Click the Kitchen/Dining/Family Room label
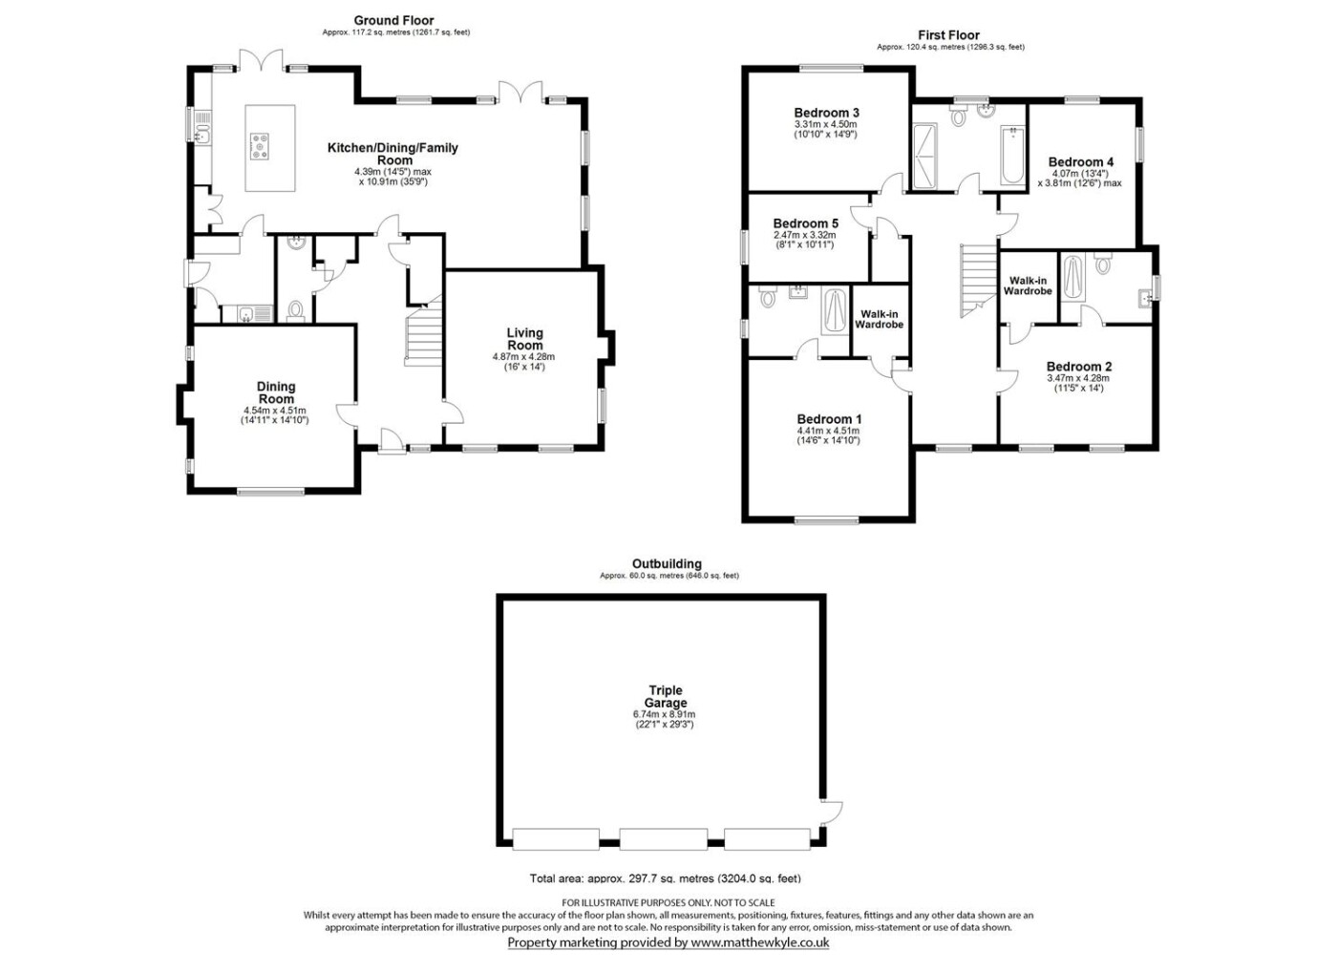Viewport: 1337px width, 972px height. [x=393, y=154]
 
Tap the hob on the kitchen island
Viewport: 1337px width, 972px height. [x=261, y=146]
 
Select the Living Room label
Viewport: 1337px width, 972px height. [x=524, y=338]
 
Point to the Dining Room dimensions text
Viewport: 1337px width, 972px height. [x=275, y=415]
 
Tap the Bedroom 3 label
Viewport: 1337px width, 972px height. [x=826, y=113]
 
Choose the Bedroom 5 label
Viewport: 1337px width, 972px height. [x=806, y=223]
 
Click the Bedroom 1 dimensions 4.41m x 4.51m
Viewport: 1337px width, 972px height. [x=829, y=431]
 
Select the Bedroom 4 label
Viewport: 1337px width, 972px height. [x=1081, y=161]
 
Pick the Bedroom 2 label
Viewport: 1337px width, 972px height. [x=1079, y=367]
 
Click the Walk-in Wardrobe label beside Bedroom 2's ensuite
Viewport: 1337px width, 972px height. [x=1028, y=285]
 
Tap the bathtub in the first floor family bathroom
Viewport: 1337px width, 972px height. [x=1012, y=155]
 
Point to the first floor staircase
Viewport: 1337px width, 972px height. [x=978, y=281]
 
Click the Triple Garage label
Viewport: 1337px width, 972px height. [x=665, y=696]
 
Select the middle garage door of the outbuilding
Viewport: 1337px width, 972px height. [x=663, y=839]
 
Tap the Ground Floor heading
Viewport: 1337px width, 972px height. [x=393, y=21]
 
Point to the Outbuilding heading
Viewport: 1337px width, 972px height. [x=667, y=563]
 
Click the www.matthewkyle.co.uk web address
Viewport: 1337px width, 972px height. [x=760, y=942]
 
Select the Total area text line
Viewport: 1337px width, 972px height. [x=665, y=878]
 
